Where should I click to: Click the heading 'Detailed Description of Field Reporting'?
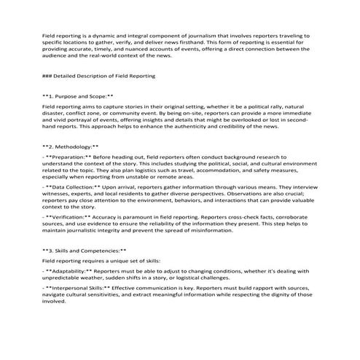(x=102, y=75)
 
